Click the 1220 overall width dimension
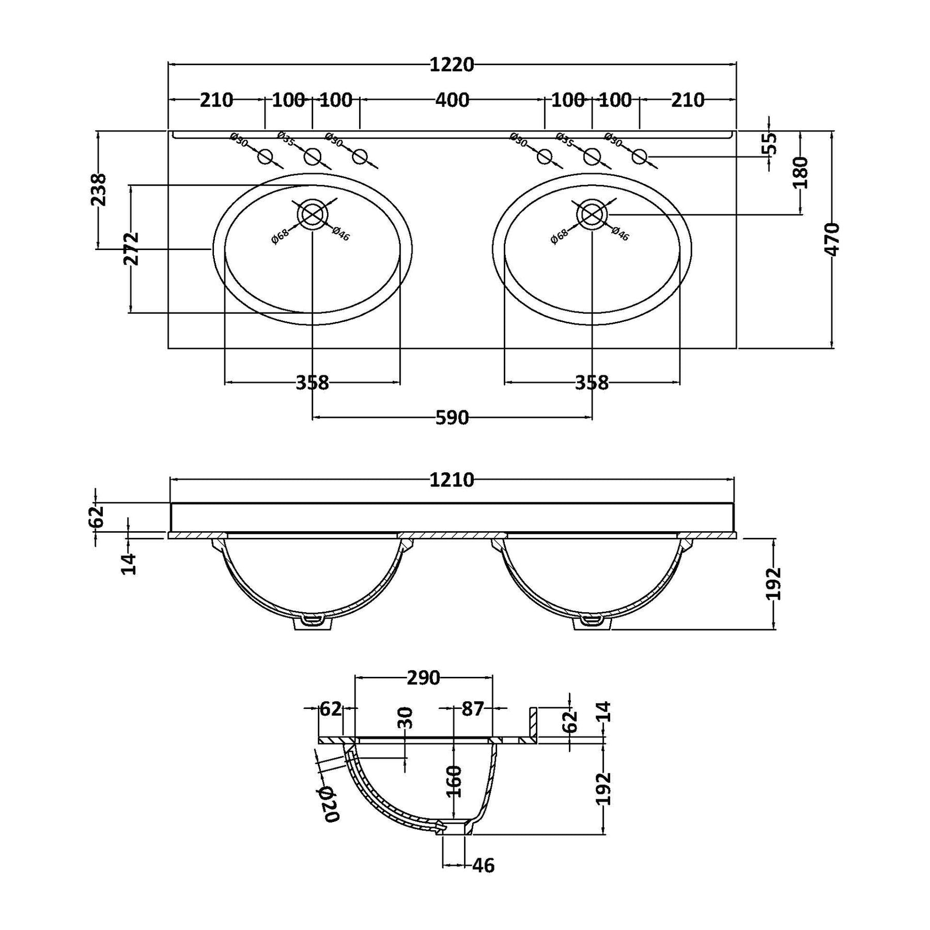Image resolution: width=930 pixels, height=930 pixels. pos(452,65)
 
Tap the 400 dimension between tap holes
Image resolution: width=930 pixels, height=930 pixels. pos(452,100)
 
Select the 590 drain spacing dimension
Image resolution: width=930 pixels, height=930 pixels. pos(452,417)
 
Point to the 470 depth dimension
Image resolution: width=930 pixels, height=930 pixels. pos(832,239)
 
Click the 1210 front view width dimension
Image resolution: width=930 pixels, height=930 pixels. pos(452,481)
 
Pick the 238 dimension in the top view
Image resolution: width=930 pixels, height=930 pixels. pos(98,190)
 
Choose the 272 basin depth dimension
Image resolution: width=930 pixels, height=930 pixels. pos(132,249)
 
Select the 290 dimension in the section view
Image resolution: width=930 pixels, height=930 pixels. pos(423,678)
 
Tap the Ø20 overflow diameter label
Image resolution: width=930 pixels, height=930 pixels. pos(329,804)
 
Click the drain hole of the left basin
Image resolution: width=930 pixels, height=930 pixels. pos(312,214)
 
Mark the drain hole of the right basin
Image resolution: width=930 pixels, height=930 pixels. pos(592,214)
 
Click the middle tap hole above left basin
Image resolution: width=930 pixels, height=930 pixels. pos(312,156)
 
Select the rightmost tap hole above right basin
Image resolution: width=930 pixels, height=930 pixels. pos(640,156)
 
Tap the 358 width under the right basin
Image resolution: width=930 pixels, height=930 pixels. pos(592,383)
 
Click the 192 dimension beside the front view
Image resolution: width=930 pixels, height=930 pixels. pos(773,584)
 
